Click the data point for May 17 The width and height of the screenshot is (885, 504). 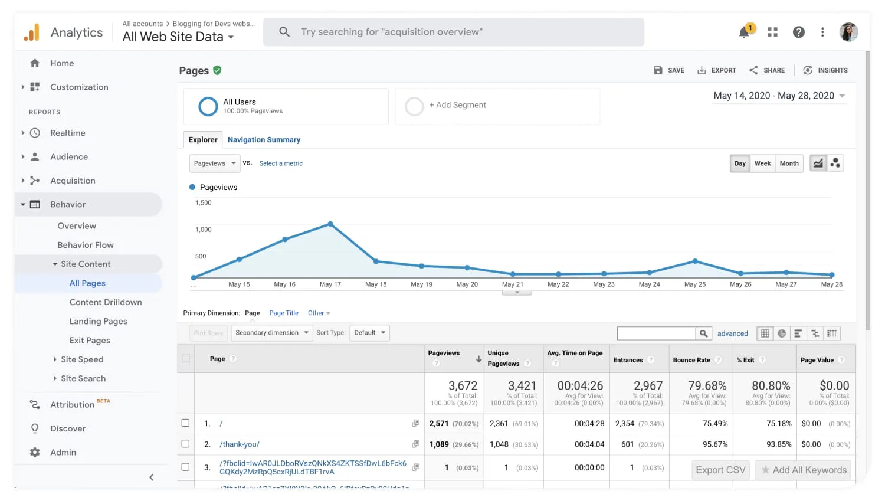pos(330,224)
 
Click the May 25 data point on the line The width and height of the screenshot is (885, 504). pos(695,261)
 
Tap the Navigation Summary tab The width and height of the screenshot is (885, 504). pos(264,140)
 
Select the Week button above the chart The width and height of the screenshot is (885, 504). pos(762,163)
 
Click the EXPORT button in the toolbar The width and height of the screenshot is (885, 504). pos(717,70)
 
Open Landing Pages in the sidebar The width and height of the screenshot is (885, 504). pos(98,321)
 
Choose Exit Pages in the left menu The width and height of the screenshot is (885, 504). pos(90,341)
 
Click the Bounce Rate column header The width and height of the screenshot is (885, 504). pos(691,360)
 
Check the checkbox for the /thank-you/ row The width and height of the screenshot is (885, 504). pos(185,444)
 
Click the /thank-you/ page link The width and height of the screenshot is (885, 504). pos(240,444)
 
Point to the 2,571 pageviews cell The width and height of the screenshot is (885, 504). pos(439,424)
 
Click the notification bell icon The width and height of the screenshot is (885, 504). pos(745,32)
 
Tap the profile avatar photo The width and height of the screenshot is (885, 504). pos(848,32)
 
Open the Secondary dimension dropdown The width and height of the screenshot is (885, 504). pos(272,333)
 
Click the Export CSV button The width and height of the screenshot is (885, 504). pos(720,470)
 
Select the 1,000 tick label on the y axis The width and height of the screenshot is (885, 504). pos(204,230)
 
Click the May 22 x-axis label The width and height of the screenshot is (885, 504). pos(558,284)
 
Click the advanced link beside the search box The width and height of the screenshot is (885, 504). pos(732,334)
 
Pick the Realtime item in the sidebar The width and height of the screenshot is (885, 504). pos(68,133)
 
